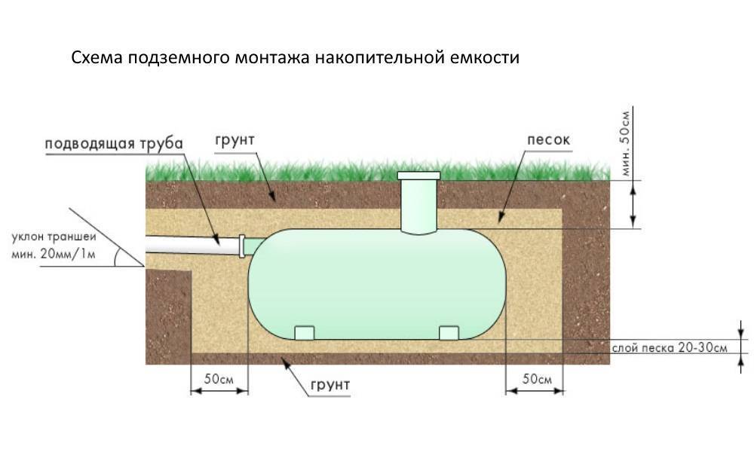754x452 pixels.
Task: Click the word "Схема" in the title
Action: [x=97, y=58]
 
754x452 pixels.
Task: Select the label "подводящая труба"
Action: [x=114, y=144]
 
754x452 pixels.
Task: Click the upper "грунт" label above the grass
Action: [x=234, y=140]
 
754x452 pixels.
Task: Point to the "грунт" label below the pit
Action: [x=330, y=385]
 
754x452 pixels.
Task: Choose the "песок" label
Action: [x=548, y=140]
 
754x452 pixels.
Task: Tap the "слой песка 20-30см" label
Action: [x=670, y=347]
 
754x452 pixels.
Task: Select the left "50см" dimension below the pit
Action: [x=219, y=378]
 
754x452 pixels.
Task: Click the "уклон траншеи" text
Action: [x=54, y=237]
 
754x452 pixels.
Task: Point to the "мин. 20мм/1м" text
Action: [x=54, y=254]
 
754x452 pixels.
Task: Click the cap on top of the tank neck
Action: [x=418, y=176]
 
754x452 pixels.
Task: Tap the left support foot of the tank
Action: [x=304, y=333]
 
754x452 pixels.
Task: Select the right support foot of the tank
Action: [x=449, y=333]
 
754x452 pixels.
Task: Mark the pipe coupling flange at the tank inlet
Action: [x=242, y=246]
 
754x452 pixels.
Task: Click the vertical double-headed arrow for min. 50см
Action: [x=633, y=205]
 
